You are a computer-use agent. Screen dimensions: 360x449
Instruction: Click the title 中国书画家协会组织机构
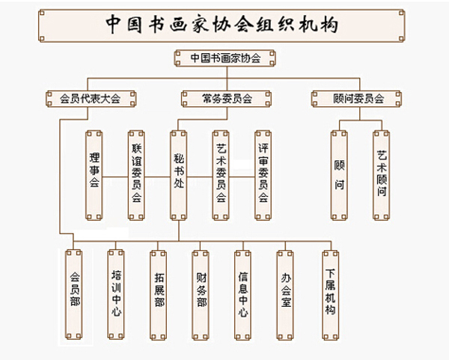pyautogui.click(x=223, y=24)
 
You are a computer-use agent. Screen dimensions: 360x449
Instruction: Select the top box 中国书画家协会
pyautogui.click(x=224, y=57)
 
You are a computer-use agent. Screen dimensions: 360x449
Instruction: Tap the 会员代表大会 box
pyautogui.click(x=90, y=97)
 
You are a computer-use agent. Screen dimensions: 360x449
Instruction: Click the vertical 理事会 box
pyautogui.click(x=94, y=175)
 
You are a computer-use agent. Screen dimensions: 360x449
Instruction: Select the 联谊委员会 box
pyautogui.click(x=136, y=175)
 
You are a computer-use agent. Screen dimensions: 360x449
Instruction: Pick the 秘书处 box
pyautogui.click(x=178, y=175)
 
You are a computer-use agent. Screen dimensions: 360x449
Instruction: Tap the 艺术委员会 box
pyautogui.click(x=221, y=175)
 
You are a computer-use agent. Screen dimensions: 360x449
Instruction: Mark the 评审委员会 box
pyautogui.click(x=263, y=175)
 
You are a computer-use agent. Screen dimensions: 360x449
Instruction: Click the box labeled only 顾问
pyautogui.click(x=339, y=175)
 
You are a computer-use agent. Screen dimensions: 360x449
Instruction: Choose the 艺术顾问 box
pyautogui.click(x=382, y=175)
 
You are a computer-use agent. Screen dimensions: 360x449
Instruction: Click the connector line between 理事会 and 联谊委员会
pyautogui.click(x=114, y=177)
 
